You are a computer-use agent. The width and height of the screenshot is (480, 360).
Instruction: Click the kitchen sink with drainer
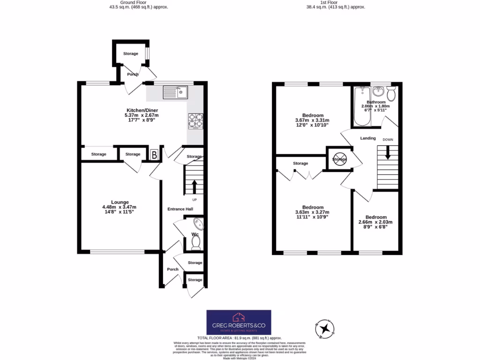(x=175, y=92)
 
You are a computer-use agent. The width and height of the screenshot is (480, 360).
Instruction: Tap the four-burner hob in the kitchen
(x=196, y=121)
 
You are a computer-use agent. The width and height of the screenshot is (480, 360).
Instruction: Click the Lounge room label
(x=120, y=202)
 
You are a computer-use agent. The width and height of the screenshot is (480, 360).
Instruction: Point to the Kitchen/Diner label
(x=142, y=110)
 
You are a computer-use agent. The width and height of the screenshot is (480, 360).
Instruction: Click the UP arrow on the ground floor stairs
(x=194, y=187)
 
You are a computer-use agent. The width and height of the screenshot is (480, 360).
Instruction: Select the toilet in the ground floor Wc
(x=195, y=242)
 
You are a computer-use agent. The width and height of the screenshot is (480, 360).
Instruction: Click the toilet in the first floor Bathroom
(x=391, y=94)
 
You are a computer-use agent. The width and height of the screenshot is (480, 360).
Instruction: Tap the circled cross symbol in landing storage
(x=340, y=159)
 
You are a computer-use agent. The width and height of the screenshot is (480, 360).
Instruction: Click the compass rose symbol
(x=324, y=328)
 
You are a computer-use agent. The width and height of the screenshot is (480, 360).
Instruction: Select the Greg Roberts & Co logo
(x=239, y=322)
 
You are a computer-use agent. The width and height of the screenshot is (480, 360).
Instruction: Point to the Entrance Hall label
(x=180, y=209)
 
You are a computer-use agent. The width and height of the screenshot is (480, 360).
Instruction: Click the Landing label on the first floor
(x=368, y=138)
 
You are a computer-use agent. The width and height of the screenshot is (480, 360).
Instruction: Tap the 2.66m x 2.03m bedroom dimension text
(x=375, y=222)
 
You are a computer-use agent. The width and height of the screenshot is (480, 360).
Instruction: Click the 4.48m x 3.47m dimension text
(x=120, y=207)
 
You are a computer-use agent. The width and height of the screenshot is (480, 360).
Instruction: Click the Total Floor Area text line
(x=239, y=338)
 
